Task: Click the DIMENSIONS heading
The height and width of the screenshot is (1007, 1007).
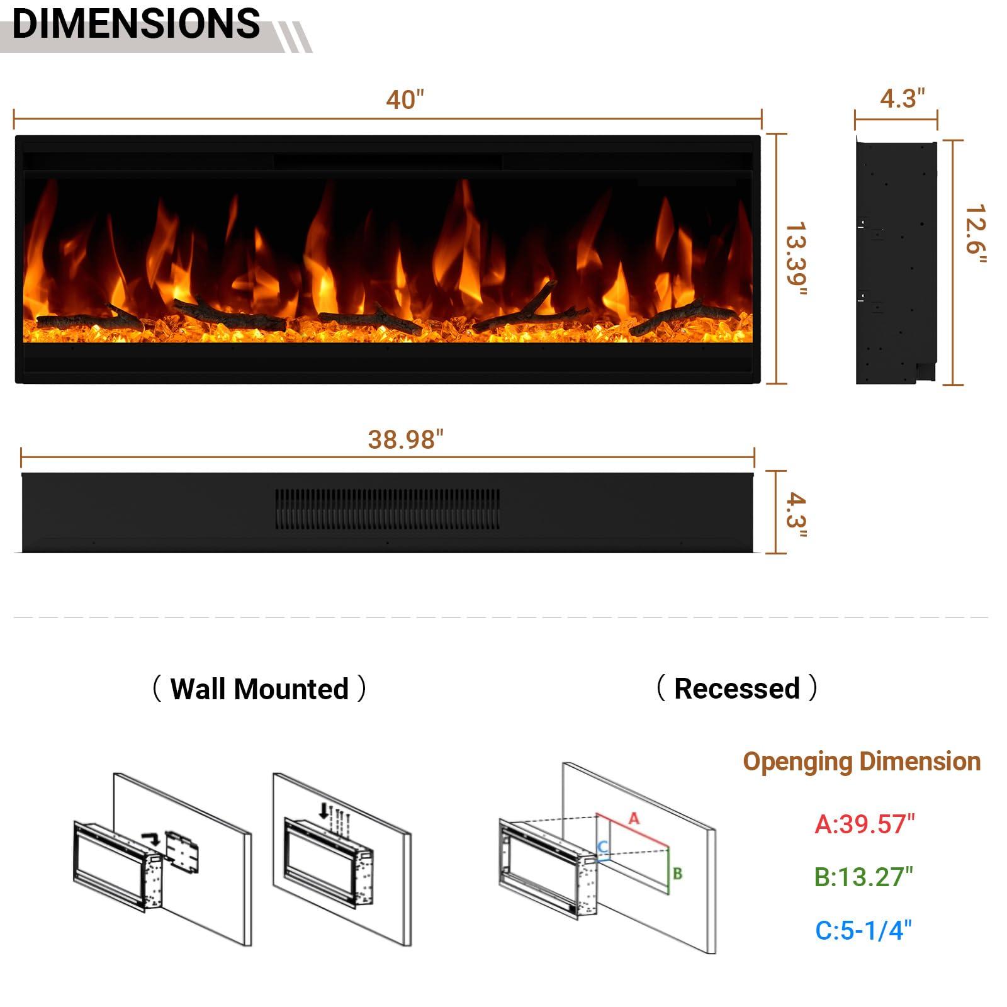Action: tap(136, 24)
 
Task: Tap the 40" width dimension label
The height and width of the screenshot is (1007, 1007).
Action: tap(405, 99)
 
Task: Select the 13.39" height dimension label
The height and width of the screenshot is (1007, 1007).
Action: tap(796, 258)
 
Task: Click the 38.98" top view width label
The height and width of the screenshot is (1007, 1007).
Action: tap(405, 439)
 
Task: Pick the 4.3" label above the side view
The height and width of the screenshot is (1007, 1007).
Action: tap(902, 98)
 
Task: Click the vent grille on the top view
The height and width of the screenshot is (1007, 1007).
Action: tap(388, 509)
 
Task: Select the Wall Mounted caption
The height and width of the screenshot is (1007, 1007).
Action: tap(259, 689)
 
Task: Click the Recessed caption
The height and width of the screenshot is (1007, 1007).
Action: tap(736, 688)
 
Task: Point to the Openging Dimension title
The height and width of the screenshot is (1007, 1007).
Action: tap(861, 762)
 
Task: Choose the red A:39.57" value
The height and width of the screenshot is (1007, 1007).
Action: tap(864, 824)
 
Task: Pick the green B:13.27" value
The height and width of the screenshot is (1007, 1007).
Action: tap(863, 877)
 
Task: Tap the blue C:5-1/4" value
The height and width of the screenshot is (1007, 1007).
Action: tap(863, 930)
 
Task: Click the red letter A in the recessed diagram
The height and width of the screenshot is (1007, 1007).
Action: tap(634, 818)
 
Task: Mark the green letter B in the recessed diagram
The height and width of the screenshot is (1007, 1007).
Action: tap(677, 874)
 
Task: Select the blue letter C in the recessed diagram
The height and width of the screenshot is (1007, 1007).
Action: tap(602, 847)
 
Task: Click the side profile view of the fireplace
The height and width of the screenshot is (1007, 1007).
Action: tap(896, 262)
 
